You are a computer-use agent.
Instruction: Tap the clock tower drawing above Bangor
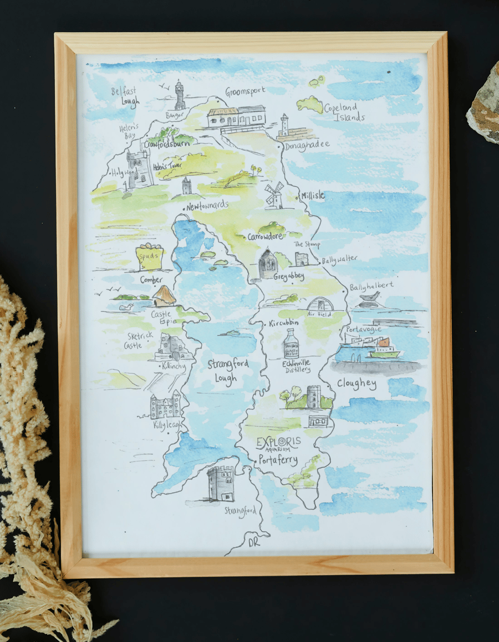click(x=180, y=96)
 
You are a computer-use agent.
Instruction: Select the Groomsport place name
click(x=245, y=91)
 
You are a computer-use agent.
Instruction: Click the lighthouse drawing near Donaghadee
click(x=284, y=126)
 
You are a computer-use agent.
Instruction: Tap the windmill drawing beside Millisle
click(x=274, y=195)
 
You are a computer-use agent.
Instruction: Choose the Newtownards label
click(x=207, y=206)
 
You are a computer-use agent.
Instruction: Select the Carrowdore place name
click(x=265, y=237)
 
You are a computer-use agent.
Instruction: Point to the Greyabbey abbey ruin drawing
click(x=268, y=264)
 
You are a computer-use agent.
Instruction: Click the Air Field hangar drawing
click(x=319, y=304)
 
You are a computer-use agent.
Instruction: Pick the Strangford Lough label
click(x=227, y=371)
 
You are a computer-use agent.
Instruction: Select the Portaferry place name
click(x=278, y=460)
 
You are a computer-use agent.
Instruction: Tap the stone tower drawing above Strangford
click(x=220, y=483)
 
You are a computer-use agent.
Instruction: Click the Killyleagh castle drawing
click(x=165, y=405)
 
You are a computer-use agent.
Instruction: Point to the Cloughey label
click(x=356, y=384)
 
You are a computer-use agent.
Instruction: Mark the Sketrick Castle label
click(x=136, y=340)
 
